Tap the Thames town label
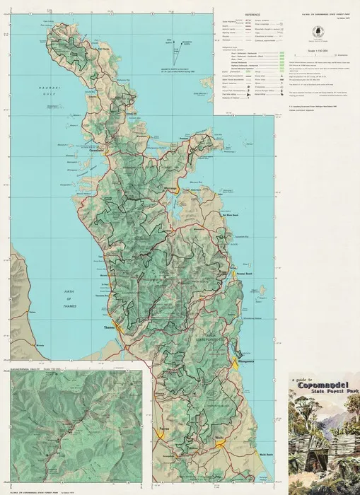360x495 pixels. point(108,327)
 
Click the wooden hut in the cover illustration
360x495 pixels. point(318,464)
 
